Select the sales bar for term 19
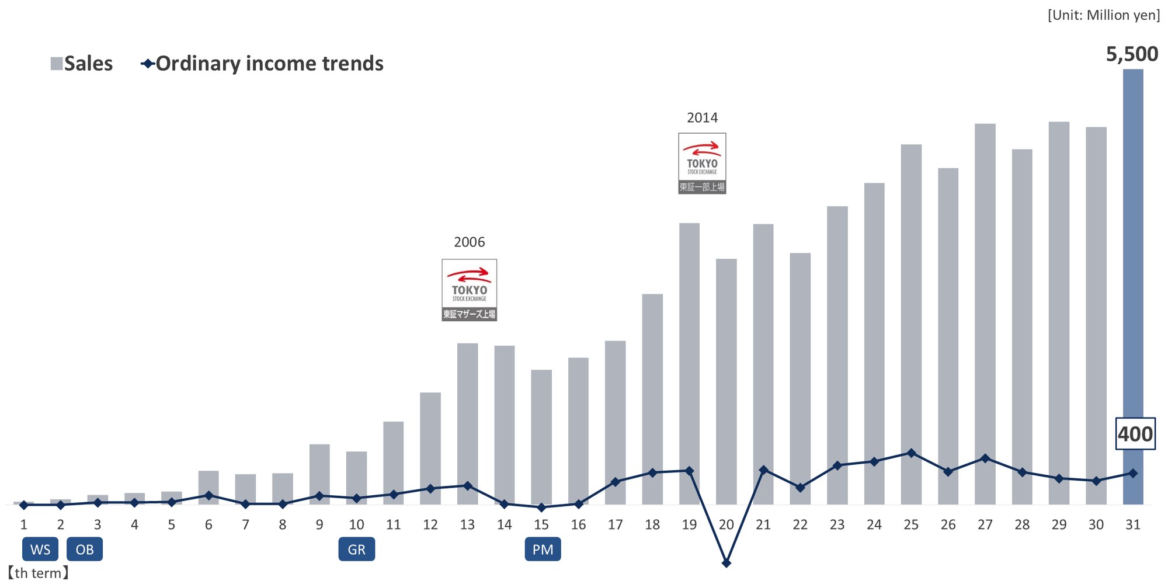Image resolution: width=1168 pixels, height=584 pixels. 689,350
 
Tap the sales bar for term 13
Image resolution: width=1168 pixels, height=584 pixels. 467,409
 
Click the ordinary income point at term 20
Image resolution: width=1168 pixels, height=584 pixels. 726,563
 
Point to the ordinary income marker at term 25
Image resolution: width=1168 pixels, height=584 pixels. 911,453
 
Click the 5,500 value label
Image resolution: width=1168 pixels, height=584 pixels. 1132,54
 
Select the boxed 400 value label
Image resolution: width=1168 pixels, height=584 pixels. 1135,434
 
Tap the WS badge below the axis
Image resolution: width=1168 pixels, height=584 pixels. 40,550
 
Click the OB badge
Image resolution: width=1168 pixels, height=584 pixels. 85,550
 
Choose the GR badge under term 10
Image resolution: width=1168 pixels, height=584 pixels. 356,550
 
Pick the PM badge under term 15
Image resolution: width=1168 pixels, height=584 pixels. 543,550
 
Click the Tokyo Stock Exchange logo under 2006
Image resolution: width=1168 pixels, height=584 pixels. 469,290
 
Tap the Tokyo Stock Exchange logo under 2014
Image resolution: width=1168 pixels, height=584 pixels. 702,163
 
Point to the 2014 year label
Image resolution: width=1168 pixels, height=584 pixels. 702,118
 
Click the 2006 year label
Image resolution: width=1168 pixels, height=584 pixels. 469,242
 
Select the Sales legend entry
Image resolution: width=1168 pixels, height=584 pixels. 82,64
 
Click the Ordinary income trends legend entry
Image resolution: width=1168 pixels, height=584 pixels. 263,64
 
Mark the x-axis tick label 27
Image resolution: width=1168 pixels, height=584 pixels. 985,524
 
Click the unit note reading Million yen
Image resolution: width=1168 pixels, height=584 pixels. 1104,15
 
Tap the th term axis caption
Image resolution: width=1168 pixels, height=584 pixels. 38,573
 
